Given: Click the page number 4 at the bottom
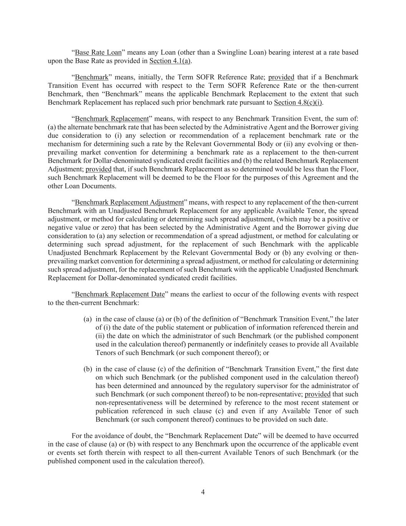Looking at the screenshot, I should point(203,492).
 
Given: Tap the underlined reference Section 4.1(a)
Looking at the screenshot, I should point(170,61).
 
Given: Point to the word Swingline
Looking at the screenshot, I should point(226,52).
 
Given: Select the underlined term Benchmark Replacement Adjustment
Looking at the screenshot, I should point(129,202).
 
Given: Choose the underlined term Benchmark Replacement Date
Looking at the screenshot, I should point(120,294).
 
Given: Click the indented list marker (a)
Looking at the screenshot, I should point(88,319).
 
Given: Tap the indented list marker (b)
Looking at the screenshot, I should point(88,369).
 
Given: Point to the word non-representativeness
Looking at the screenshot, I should point(128,403).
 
